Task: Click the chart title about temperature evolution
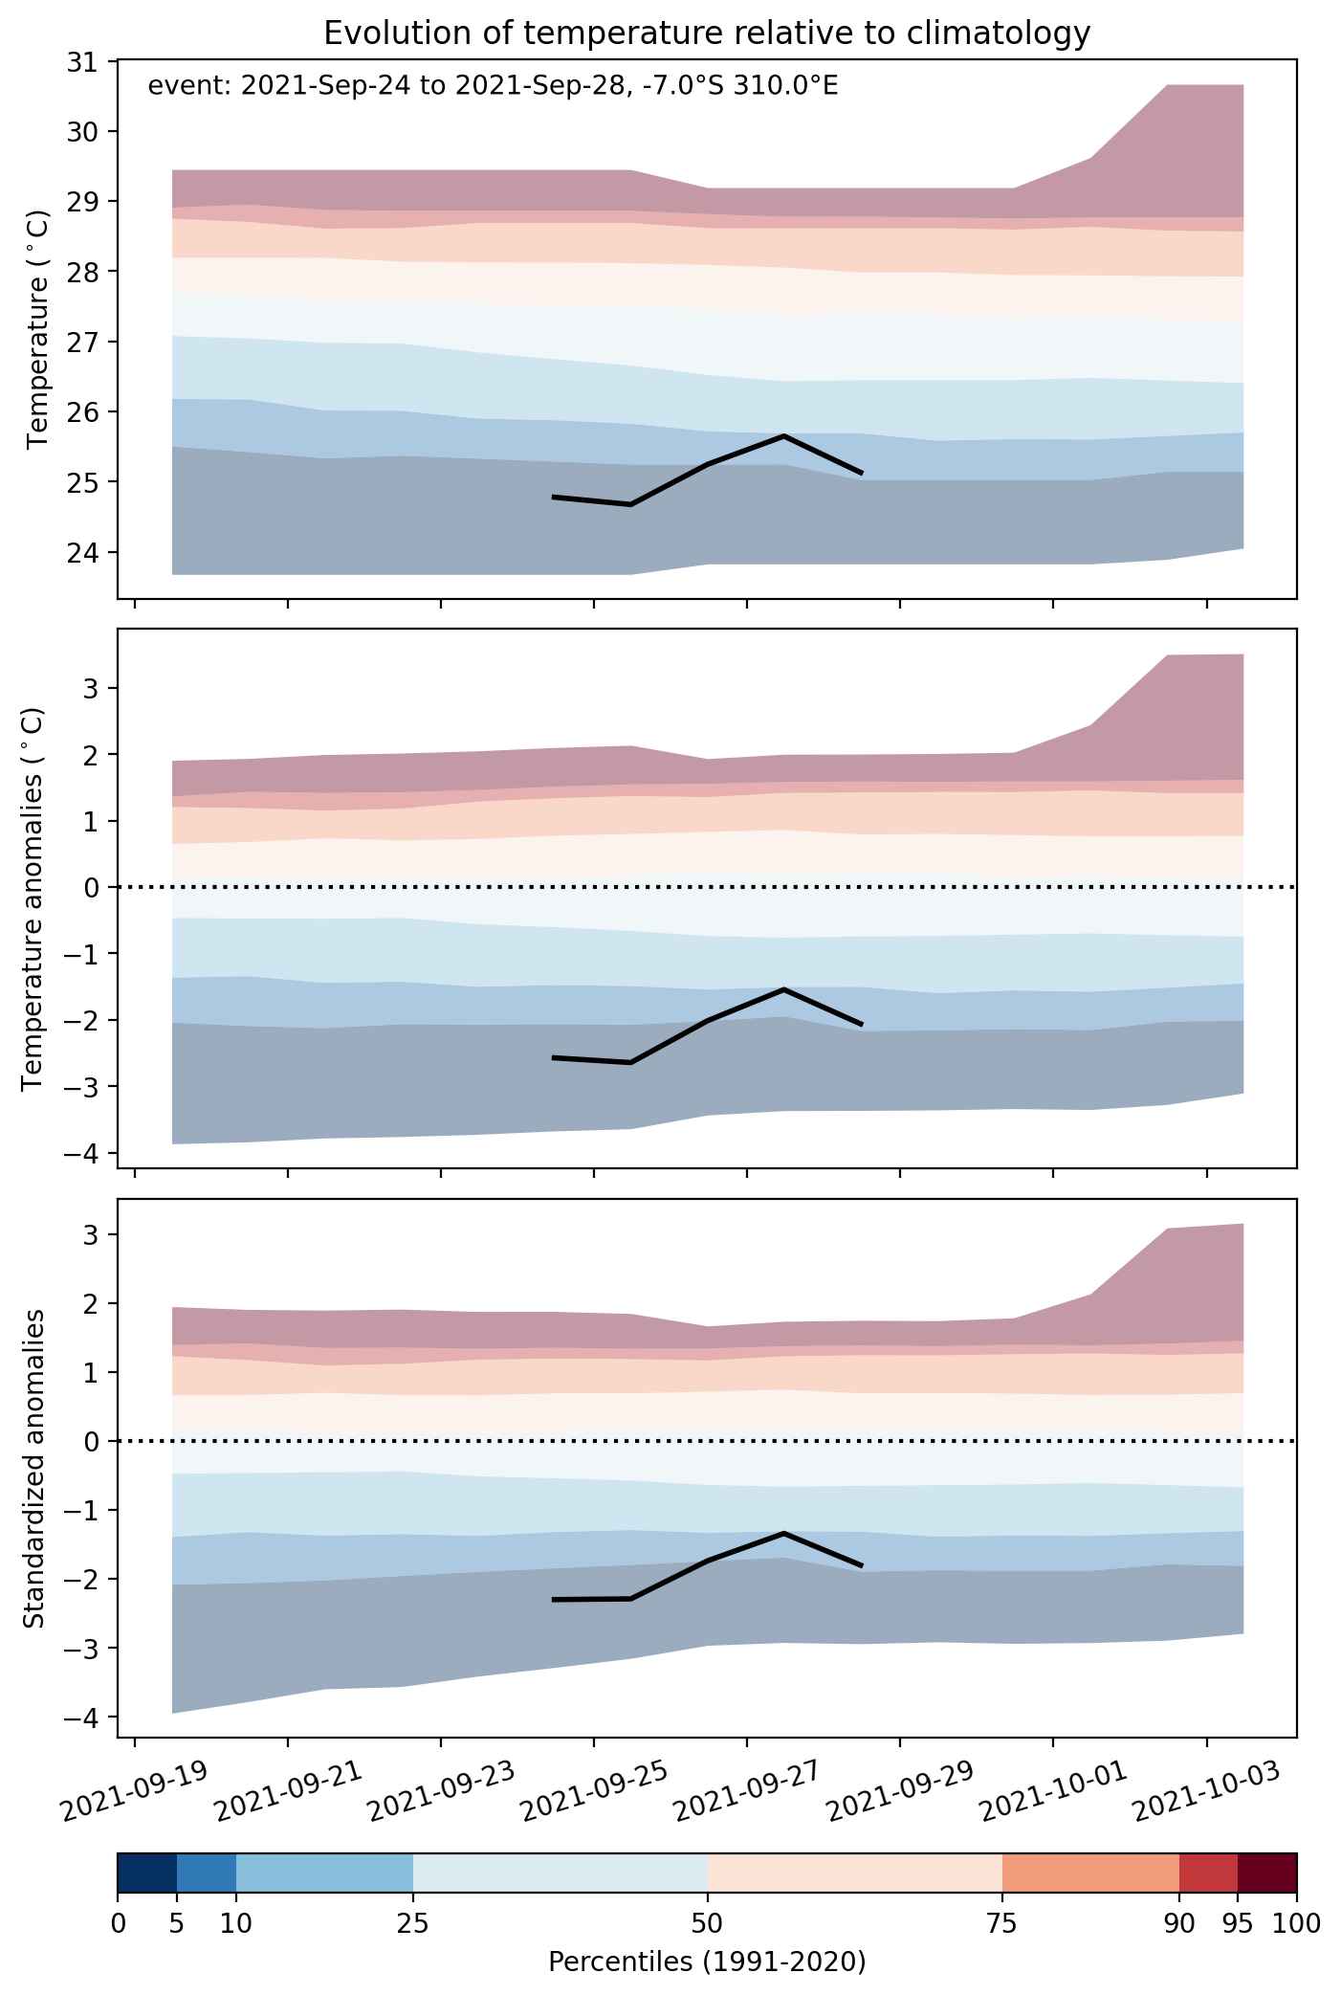tap(707, 33)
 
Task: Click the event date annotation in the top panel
tap(493, 87)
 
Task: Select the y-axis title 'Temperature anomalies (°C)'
tap(33, 898)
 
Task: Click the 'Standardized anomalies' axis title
tap(33, 1468)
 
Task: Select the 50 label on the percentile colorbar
tap(707, 1923)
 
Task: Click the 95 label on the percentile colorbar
tap(1238, 1923)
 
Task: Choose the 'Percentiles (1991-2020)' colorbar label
tap(707, 1962)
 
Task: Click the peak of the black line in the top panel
tap(784, 436)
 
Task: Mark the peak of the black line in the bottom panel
tap(784, 1533)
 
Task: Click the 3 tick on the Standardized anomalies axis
tap(92, 1234)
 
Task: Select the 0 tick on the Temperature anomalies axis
tap(92, 887)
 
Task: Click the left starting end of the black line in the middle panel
tap(554, 1057)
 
